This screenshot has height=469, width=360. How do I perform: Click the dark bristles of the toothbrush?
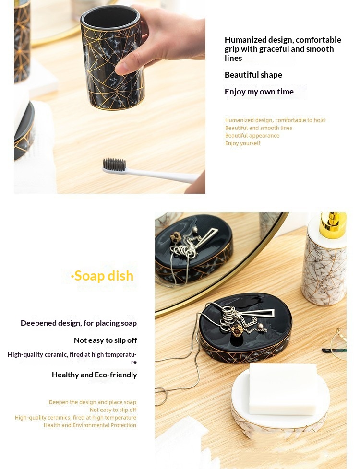point(114,164)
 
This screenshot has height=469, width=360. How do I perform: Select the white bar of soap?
point(283,389)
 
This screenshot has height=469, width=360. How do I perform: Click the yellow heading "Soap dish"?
point(102,276)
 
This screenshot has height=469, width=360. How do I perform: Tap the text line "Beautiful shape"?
point(253,75)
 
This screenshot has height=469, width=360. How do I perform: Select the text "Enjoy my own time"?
point(259,92)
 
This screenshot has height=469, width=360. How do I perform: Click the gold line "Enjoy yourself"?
point(242,143)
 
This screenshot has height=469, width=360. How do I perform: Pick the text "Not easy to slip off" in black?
point(106,340)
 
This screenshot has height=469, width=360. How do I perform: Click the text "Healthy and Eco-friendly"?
point(95,375)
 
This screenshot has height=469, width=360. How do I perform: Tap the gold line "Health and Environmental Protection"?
point(90,425)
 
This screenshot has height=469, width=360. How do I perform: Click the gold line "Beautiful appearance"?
point(252,136)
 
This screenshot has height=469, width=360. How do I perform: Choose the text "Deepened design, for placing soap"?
point(79,323)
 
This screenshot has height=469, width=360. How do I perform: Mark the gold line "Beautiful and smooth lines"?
point(258,128)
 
